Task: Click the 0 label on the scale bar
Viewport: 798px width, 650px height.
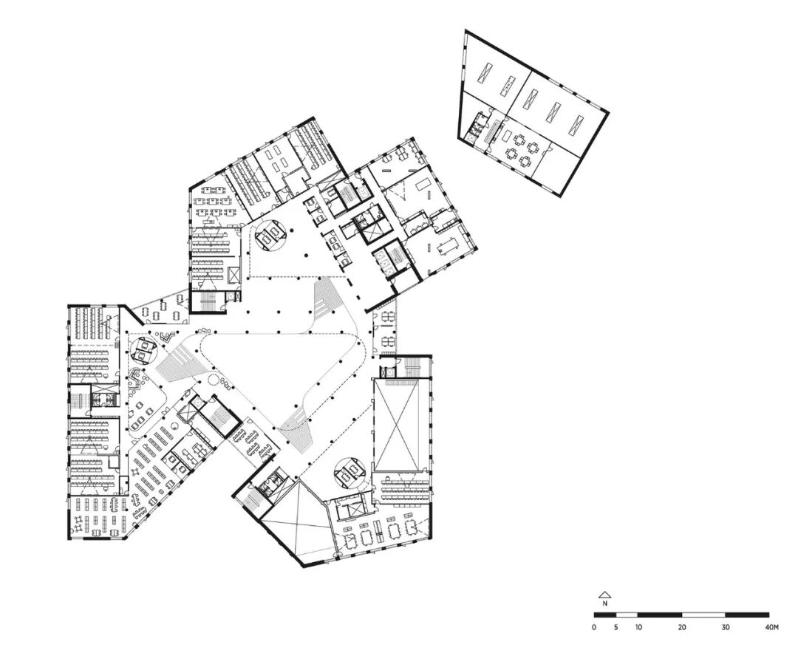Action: coord(594,627)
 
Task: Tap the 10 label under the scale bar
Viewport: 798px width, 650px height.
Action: coord(638,627)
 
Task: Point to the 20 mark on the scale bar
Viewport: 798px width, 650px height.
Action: coord(682,627)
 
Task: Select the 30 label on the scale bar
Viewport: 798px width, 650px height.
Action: coord(726,627)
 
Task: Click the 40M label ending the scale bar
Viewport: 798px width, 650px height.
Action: coord(771,627)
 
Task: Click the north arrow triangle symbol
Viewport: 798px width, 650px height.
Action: coord(604,594)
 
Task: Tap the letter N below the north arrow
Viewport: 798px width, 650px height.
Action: coord(604,603)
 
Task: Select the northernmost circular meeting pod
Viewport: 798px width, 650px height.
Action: coord(270,234)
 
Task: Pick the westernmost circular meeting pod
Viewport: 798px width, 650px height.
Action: coord(144,349)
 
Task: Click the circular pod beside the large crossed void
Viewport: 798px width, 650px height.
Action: coord(350,473)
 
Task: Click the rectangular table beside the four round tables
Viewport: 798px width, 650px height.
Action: coord(508,135)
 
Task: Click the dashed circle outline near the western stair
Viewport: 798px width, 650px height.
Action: coord(213,380)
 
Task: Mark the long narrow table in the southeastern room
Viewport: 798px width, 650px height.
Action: coord(378,530)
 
